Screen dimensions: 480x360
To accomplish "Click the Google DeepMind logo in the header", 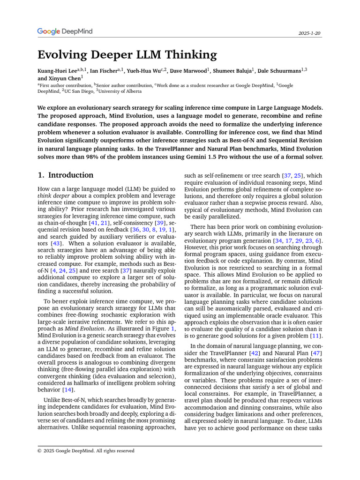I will [65, 31].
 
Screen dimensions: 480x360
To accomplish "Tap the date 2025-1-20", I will [309, 34].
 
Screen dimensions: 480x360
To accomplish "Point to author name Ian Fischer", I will [104, 70].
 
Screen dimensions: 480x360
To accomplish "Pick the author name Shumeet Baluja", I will [232, 70].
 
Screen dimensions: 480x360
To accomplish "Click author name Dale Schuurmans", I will [279, 70].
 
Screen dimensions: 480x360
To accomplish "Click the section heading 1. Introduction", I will [65, 175].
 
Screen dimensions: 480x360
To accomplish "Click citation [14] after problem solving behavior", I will [68, 390].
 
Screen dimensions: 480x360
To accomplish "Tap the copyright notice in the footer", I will [86, 451].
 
